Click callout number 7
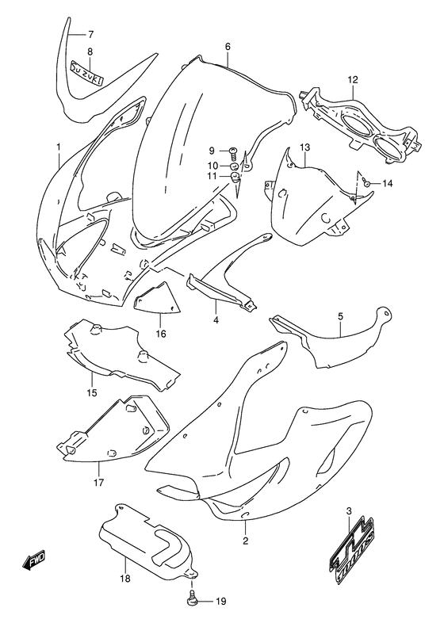pos(90,34)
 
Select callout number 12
pos(353,78)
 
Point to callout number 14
pos(388,184)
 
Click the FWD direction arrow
pos(33,564)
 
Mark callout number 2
pos(246,541)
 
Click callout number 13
pos(304,147)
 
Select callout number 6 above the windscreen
pos(228,47)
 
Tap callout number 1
pos(58,147)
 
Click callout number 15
pos(91,392)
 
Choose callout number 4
pos(215,320)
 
